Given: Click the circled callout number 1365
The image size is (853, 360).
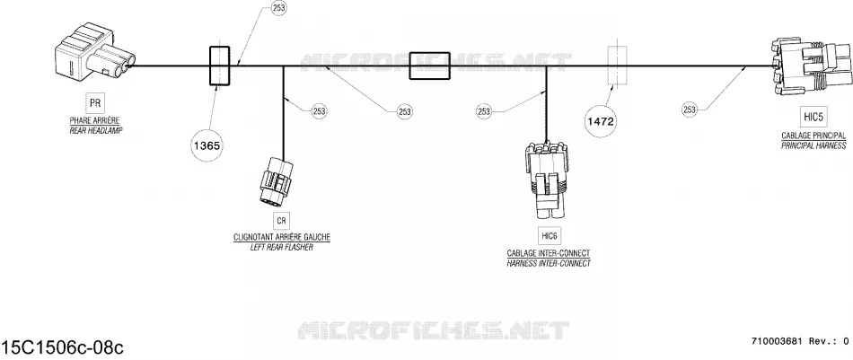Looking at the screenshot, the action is coord(207,145).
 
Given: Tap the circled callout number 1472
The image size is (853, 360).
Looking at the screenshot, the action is coord(601,121).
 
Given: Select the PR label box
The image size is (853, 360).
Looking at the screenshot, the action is coord(94,102).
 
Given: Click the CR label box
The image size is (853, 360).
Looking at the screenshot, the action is coord(281,221).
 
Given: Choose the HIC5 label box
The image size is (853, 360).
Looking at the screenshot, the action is coord(813,117).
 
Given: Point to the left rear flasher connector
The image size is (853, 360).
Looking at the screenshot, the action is coord(273,182).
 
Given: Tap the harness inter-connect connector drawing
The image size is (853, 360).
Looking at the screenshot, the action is coord(547,181).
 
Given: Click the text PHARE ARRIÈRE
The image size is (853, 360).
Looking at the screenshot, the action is coord(94,120).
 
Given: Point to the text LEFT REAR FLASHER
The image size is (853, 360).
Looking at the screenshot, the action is coord(281,248).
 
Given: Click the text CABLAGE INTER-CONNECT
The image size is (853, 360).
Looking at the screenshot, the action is coord(549,253).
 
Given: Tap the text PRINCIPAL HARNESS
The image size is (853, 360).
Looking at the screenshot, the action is coord(813,145).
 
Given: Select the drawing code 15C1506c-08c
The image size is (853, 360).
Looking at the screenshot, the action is coord(62,347).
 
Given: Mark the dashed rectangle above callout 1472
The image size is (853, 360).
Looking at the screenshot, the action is coord(617,66).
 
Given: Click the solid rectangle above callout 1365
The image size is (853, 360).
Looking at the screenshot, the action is coord(220,66).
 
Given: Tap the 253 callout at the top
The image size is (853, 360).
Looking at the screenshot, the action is coord(278,8).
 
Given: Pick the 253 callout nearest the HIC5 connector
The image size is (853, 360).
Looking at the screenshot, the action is coord(690,110).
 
